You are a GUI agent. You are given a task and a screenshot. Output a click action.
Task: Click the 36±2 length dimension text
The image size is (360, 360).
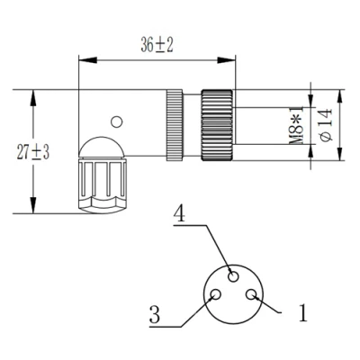tap(157, 46)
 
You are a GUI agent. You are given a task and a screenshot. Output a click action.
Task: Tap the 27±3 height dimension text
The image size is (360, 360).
tap(33, 152)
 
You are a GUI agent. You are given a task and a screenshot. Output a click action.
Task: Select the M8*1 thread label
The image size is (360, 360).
tap(297, 125)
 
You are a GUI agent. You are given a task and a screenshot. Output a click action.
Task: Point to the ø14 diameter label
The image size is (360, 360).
tap(326, 125)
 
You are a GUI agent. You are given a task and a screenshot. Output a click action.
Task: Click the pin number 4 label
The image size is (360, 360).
tap(180, 213)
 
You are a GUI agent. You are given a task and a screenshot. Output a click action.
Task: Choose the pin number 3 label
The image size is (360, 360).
tap(155, 314)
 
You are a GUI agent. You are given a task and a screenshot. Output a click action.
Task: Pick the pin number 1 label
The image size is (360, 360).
tap(303, 312)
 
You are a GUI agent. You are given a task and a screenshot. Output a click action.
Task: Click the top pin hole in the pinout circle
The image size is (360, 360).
tap(234, 275)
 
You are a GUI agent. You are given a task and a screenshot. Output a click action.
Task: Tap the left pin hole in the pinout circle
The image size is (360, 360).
tap(216, 294)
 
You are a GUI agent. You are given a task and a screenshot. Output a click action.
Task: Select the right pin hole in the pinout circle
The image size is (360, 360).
tap(251, 294)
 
